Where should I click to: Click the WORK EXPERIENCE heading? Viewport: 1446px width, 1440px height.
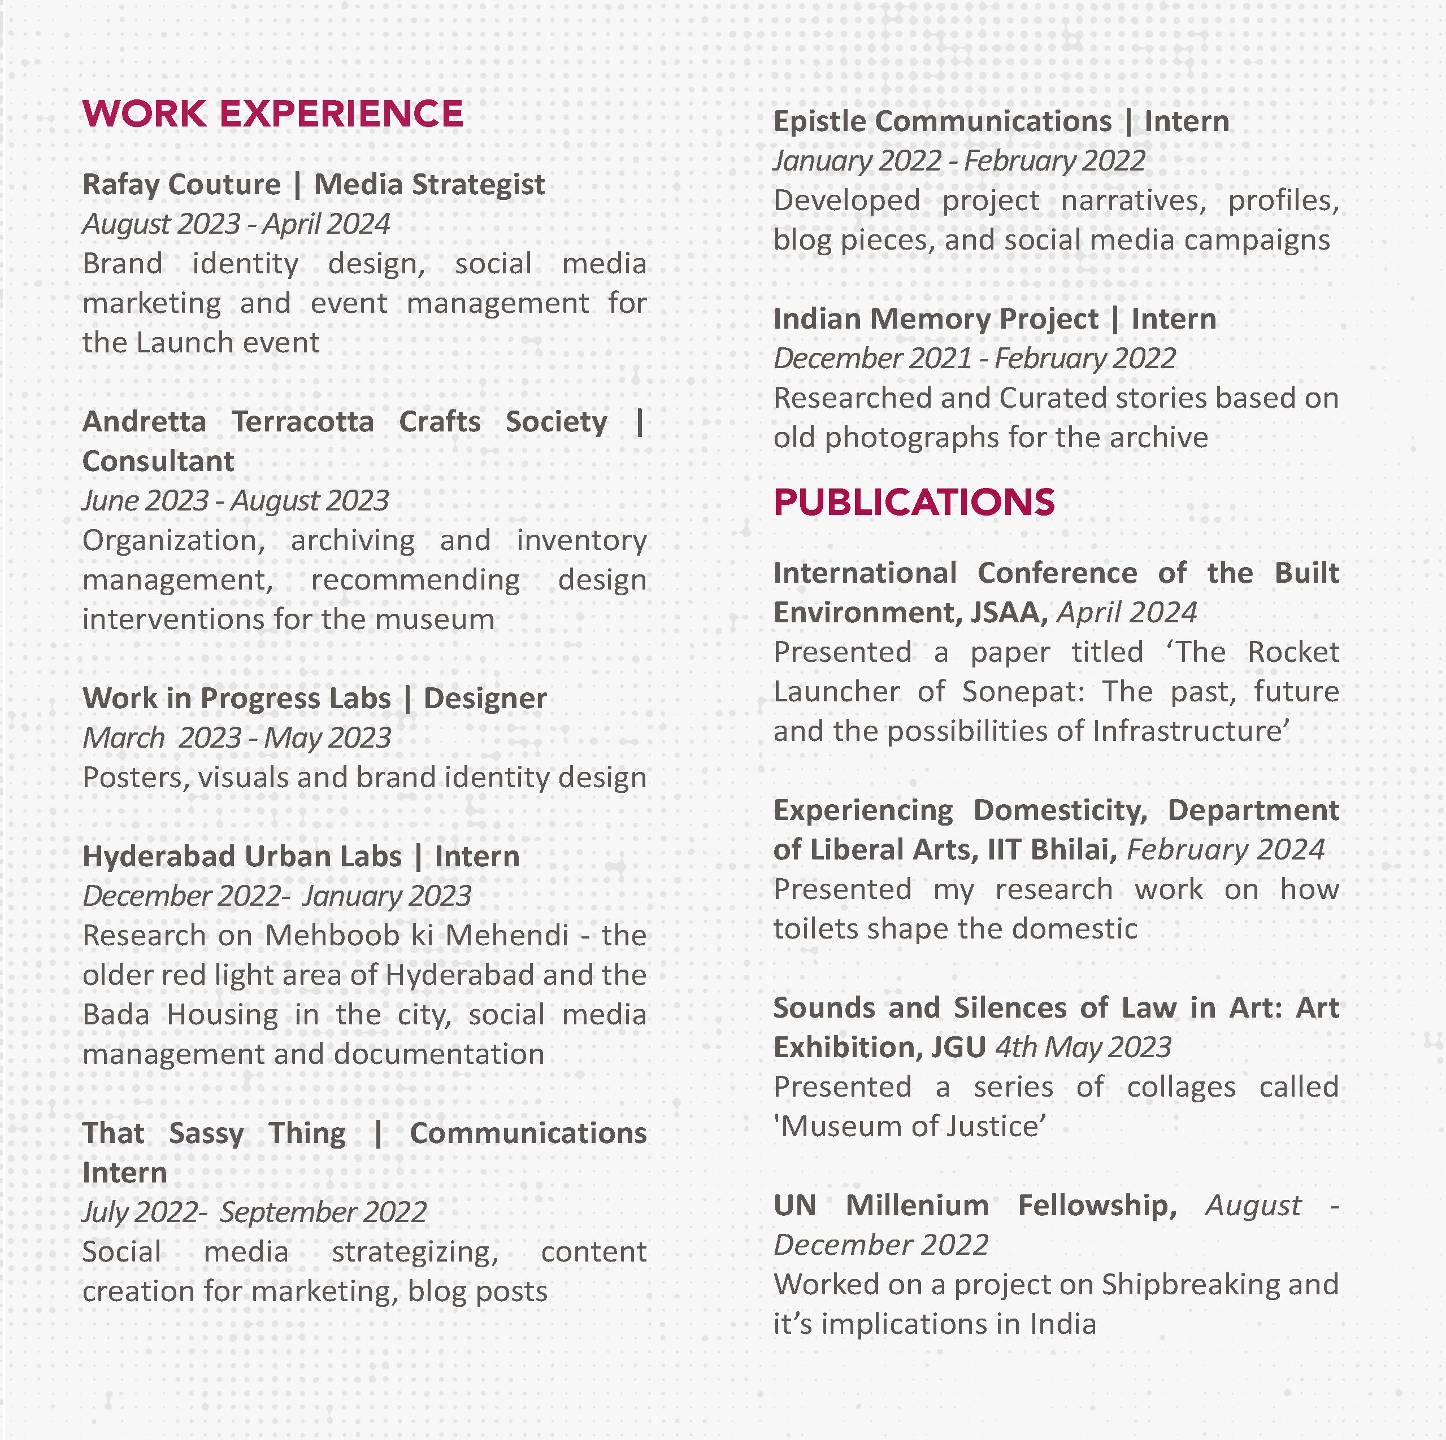(272, 115)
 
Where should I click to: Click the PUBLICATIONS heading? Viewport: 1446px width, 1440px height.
(914, 503)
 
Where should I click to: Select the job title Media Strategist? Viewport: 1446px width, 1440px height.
(429, 185)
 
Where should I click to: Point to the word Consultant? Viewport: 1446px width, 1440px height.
(158, 461)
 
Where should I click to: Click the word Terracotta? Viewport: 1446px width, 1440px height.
(302, 422)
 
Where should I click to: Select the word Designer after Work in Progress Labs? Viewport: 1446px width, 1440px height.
(485, 699)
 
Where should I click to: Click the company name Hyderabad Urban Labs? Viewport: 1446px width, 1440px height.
(242, 857)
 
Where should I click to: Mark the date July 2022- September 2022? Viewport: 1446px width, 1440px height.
(254, 1212)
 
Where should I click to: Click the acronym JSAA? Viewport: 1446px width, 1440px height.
(1008, 613)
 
